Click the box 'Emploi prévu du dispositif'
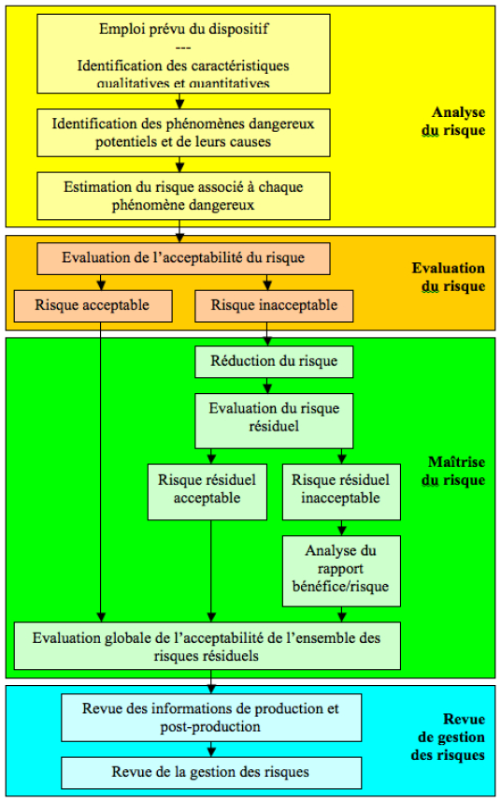point(183,52)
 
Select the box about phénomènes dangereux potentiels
point(183,133)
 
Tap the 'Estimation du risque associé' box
point(183,195)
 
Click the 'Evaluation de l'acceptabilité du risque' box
point(183,257)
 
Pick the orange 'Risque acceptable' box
point(93,304)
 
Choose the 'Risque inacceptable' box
point(266,304)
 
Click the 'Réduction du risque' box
point(266,361)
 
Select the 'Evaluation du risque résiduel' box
point(274,420)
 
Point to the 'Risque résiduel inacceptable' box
point(340,491)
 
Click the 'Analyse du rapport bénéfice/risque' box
point(340,570)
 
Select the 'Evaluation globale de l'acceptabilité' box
point(207,647)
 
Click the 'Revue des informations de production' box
point(210,718)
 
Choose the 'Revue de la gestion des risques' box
point(210,772)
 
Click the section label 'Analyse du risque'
point(452,123)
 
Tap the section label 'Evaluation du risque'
point(449,277)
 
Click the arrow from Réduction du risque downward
point(267,384)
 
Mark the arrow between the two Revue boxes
point(211,749)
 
